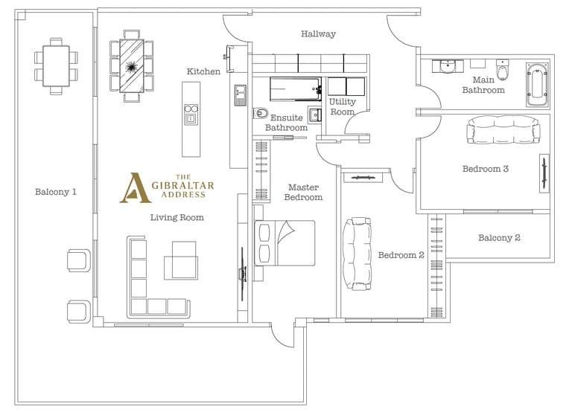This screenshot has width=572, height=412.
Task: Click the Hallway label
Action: pos(318,34)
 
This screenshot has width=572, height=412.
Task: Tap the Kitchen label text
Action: pos(203,71)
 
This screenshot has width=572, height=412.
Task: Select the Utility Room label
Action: pos(342,107)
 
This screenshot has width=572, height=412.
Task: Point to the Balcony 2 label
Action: pos(499,238)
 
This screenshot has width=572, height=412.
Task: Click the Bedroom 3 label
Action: pos(485,169)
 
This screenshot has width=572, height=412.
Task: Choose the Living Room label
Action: pos(177,217)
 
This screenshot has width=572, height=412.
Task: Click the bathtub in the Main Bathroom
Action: pos(537,85)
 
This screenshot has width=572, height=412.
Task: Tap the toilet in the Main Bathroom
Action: pos(502,70)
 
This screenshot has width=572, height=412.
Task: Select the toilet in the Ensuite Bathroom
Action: pos(261,113)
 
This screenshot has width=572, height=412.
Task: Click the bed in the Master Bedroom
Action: pos(285,243)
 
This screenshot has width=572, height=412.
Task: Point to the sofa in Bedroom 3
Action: pos(503,130)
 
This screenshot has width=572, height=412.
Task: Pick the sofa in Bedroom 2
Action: pos(357,254)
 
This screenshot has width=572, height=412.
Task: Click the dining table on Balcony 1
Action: pos(56,66)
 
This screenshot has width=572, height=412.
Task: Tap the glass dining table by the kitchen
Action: pos(131,66)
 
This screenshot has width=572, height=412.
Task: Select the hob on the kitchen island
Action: pos(191,114)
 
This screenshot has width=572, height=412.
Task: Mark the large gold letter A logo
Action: pos(134,188)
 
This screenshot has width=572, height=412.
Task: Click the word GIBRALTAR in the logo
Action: pos(182,185)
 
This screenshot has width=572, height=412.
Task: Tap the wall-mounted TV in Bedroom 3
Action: pos(544,173)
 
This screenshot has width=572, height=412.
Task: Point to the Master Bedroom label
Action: pos(303,193)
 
